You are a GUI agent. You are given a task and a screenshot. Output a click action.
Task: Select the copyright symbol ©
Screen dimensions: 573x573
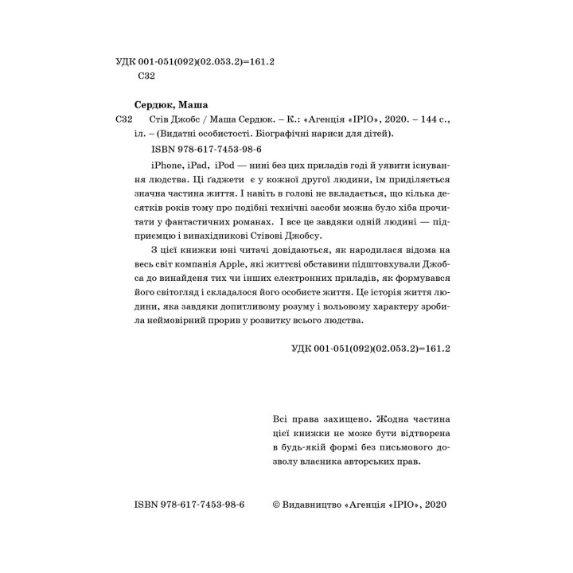click(277, 505)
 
